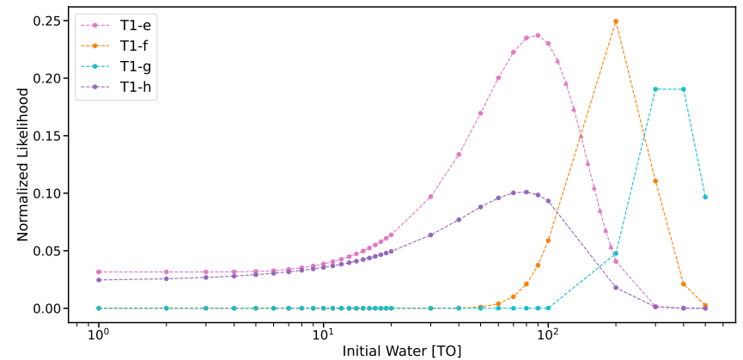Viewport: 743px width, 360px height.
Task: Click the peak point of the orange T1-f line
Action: click(x=616, y=21)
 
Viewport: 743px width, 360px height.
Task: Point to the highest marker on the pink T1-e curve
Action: click(x=538, y=35)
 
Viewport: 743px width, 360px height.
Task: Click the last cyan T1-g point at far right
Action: click(x=705, y=197)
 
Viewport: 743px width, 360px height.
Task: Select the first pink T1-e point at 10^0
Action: click(x=98, y=272)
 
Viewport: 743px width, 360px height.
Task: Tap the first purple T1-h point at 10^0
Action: click(x=98, y=280)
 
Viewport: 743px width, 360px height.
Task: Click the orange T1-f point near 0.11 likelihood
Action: click(x=655, y=181)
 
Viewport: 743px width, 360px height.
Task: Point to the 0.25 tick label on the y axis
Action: click(x=45, y=21)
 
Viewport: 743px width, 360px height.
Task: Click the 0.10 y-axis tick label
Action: click(x=45, y=193)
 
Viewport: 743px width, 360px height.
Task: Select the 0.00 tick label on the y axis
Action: click(x=45, y=308)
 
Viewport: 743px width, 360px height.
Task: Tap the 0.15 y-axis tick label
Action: click(x=45, y=136)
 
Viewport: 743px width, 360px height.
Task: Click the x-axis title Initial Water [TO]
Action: click(x=402, y=351)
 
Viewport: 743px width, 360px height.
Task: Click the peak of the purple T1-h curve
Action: click(x=526, y=192)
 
